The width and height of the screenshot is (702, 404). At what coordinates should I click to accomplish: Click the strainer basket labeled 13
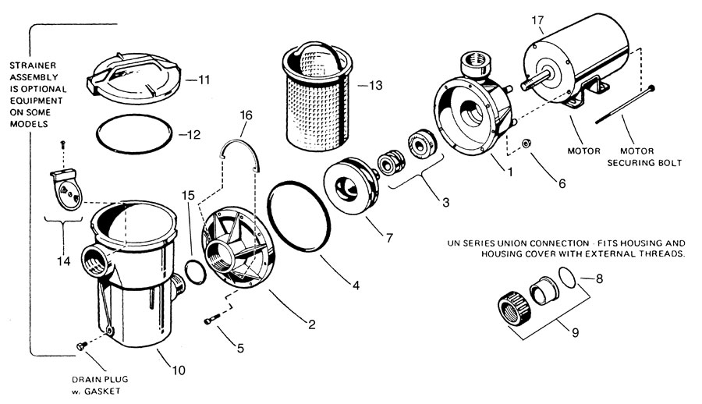315,96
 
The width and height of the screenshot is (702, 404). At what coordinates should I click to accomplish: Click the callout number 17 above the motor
537,20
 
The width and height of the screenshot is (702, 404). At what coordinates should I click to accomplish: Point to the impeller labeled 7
352,186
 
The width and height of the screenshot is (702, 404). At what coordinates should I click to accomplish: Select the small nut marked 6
527,144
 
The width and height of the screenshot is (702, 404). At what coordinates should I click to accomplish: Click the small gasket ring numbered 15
196,271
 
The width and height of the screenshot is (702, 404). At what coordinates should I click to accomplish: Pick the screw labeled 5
211,320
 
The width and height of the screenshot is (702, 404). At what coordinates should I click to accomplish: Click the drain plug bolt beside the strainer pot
82,346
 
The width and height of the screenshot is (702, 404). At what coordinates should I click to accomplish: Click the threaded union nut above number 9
514,309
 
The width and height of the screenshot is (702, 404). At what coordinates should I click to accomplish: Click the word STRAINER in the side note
33,66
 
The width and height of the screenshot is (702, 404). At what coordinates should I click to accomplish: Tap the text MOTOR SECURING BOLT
644,157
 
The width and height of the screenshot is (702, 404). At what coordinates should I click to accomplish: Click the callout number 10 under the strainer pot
178,370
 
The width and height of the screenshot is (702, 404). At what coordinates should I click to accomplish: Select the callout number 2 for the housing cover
312,324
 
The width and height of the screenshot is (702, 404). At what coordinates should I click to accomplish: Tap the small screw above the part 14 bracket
62,144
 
